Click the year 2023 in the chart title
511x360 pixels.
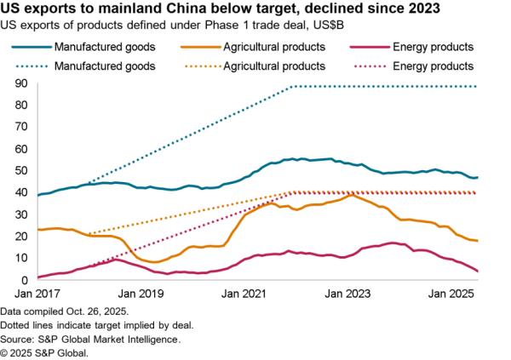tap(422, 10)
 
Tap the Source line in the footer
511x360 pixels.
tap(92, 339)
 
